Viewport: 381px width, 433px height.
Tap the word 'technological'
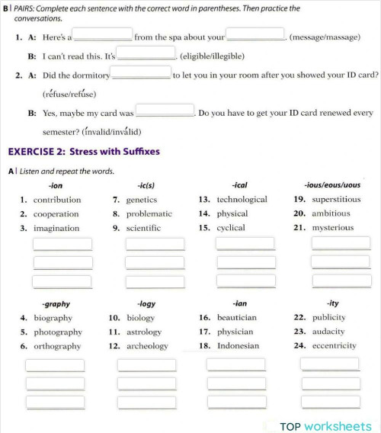242,200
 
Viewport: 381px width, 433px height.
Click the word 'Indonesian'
238,346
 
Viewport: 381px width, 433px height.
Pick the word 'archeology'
147,346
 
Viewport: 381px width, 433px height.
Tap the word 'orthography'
57,346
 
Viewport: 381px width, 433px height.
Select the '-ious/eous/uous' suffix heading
331,184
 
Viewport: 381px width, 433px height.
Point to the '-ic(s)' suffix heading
146,184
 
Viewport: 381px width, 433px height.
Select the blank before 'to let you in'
142,73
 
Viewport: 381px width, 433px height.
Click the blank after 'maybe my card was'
165,111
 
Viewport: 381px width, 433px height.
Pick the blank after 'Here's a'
103,35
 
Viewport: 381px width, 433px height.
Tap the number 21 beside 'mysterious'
299,228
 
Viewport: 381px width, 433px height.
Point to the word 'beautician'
237,318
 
